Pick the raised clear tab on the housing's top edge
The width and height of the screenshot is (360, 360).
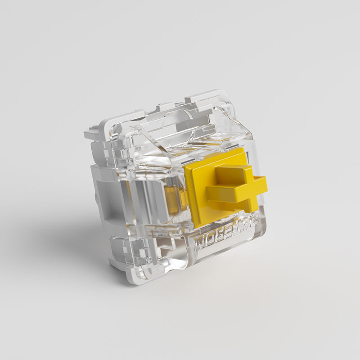coord(205,97)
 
